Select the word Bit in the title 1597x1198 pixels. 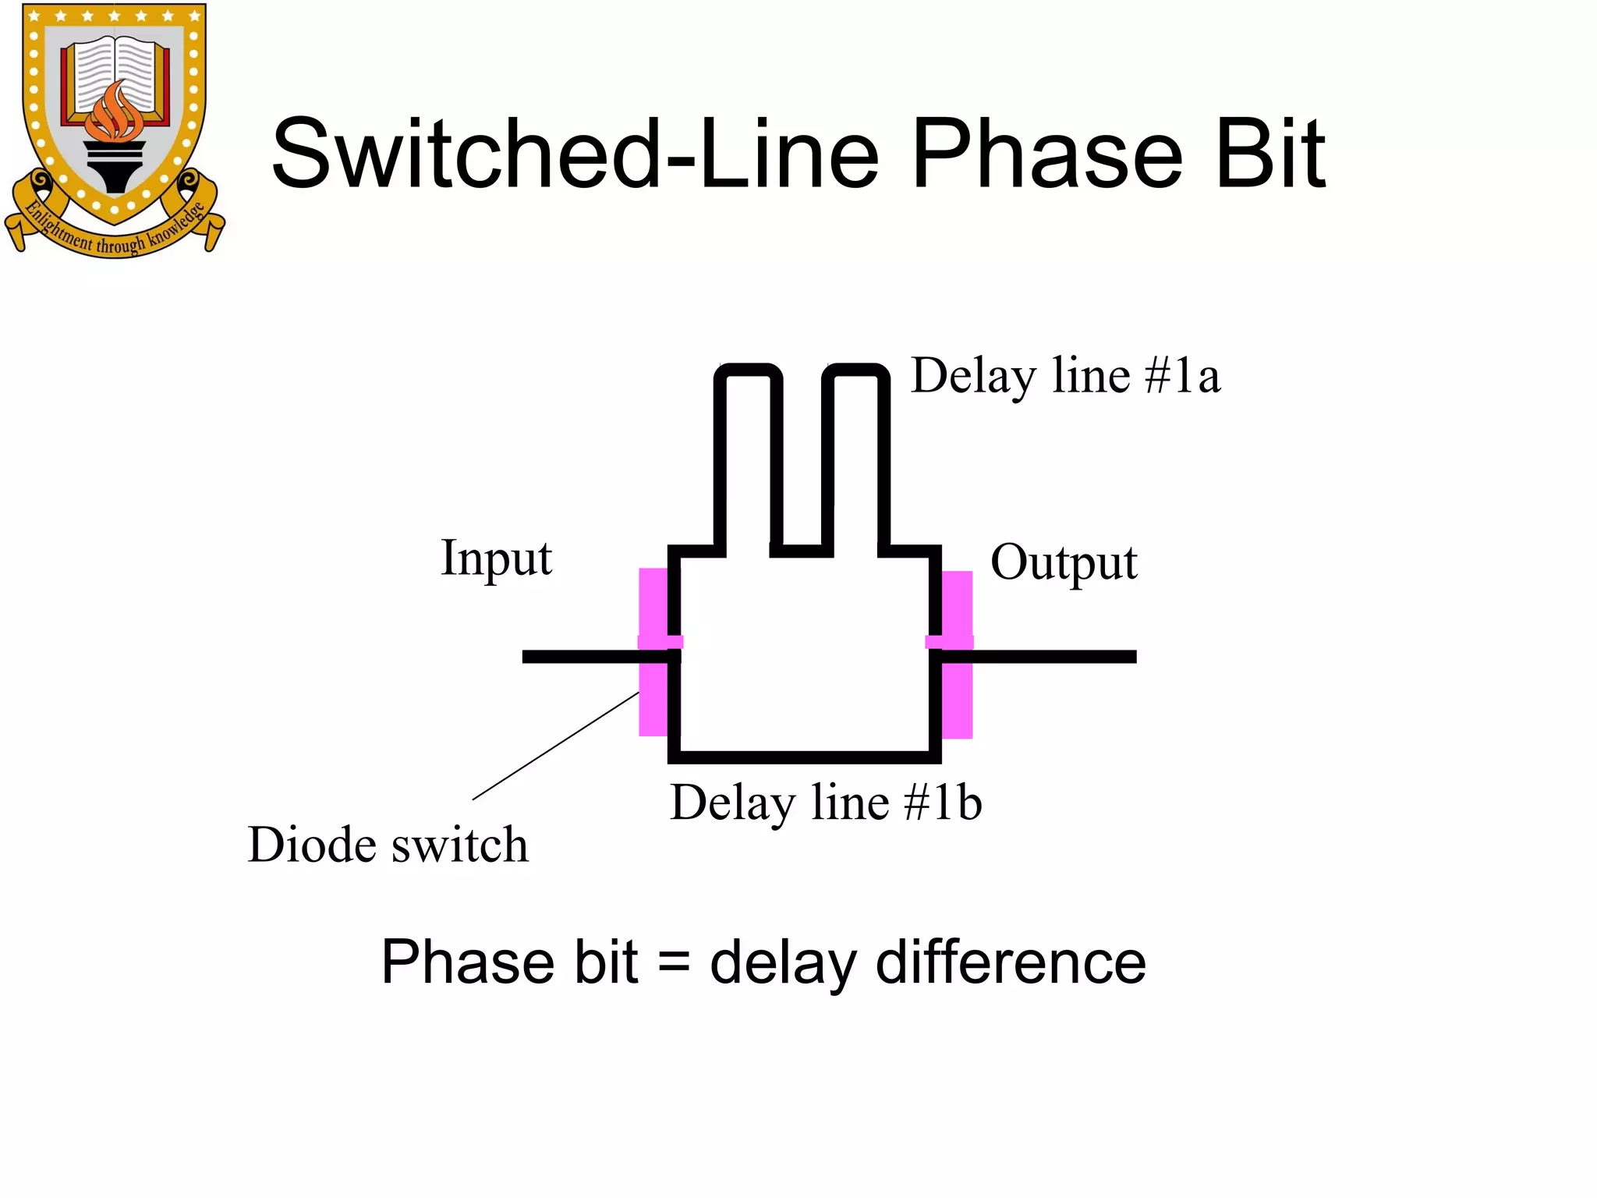1270,154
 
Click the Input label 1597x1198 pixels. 497,558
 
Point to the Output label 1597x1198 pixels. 1064,562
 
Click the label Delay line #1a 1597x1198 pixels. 1065,376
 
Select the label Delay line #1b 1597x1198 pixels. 826,803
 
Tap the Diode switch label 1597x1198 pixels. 388,845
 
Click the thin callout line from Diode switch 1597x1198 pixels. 555,746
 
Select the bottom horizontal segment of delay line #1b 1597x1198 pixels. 804,757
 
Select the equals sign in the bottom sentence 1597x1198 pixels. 674,962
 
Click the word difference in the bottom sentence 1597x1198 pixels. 1011,962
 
